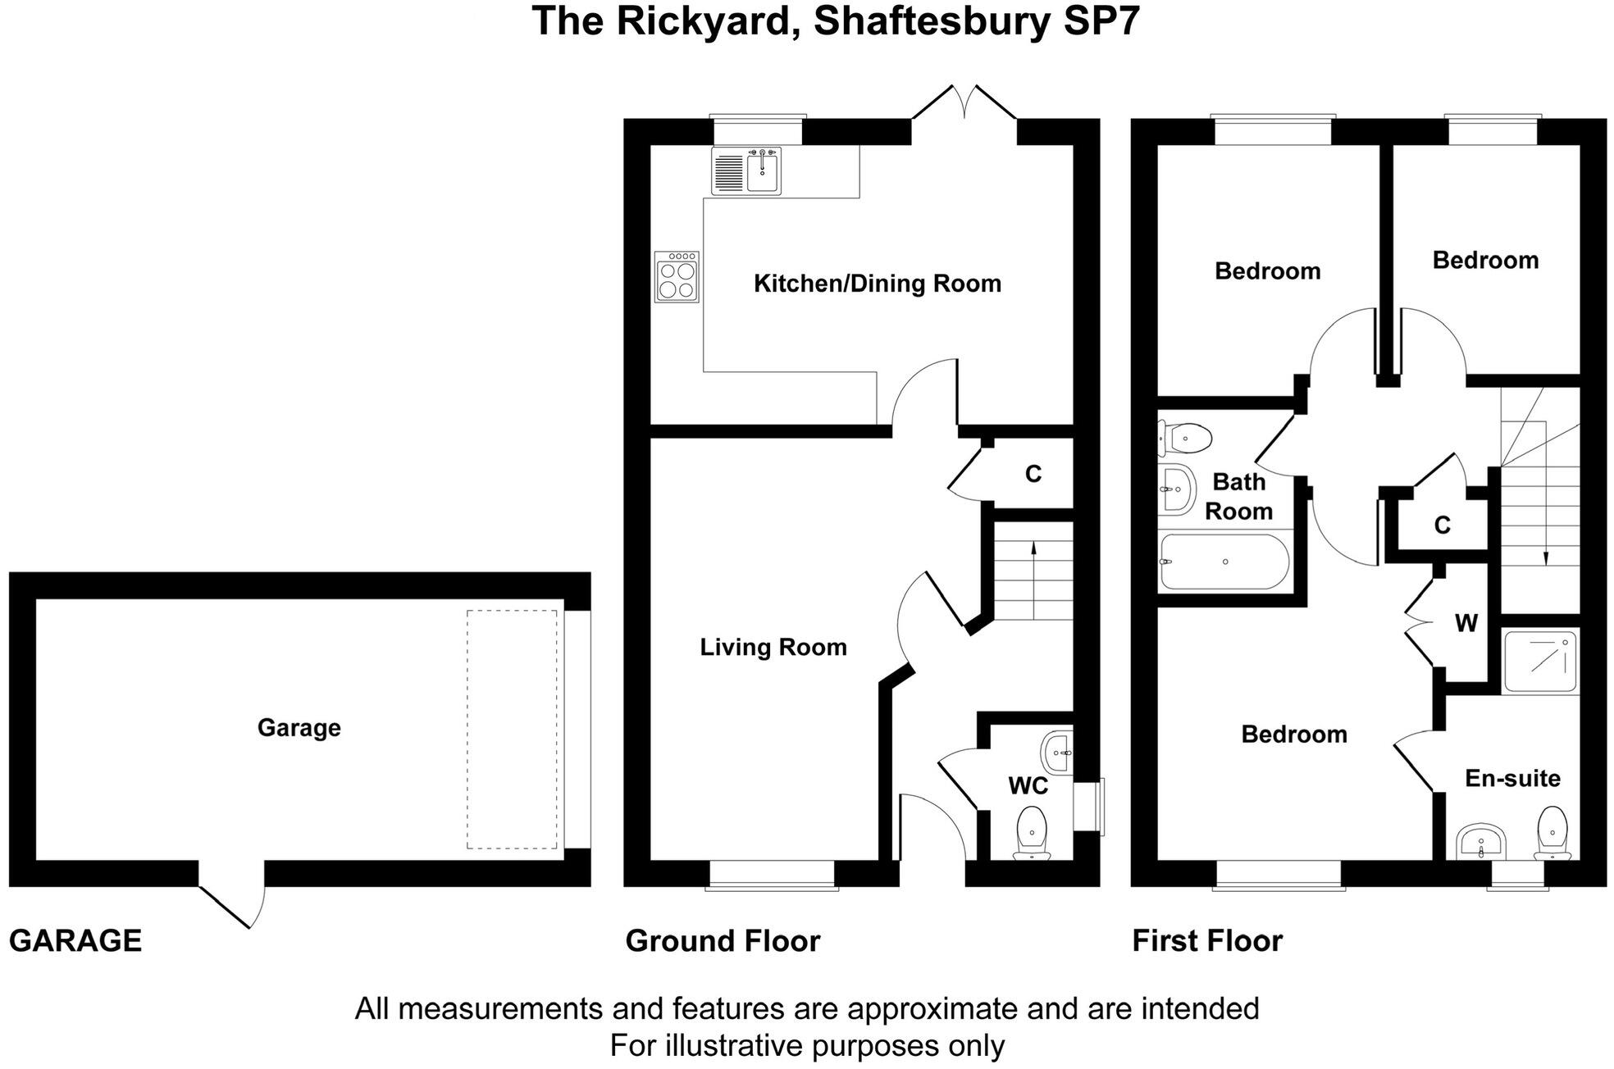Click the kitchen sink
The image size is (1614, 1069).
[746, 171]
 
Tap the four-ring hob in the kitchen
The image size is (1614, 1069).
[677, 277]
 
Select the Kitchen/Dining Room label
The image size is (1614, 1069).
[878, 284]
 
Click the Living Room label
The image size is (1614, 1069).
[773, 648]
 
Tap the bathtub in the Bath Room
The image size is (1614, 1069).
[1224, 562]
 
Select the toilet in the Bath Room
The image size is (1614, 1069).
[1184, 439]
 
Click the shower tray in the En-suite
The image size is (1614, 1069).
[1540, 662]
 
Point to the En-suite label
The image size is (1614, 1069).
[1512, 778]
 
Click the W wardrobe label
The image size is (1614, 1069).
[1466, 624]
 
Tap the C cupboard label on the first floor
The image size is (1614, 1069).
[1442, 525]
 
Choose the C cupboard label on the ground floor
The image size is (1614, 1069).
[1033, 474]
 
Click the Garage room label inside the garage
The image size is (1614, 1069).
[299, 728]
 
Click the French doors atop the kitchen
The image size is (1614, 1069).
[964, 103]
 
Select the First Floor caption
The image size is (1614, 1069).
[1207, 941]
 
